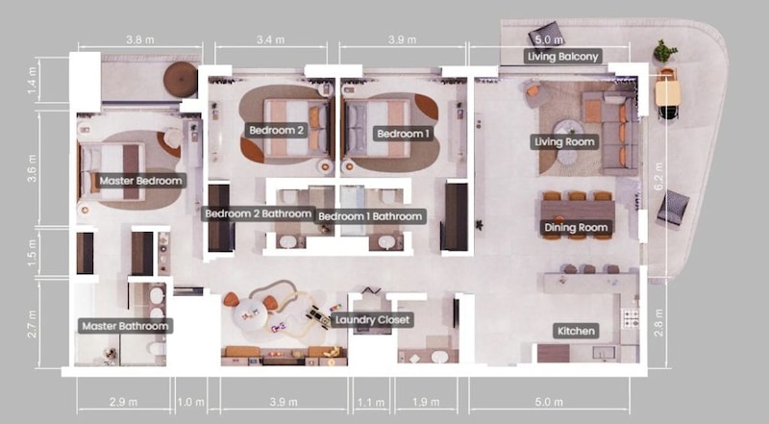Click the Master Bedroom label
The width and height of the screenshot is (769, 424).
(x=140, y=181)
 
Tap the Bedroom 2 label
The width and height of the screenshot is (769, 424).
(x=277, y=130)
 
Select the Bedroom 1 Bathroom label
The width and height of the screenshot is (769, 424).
(x=370, y=216)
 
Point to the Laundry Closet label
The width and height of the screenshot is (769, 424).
(x=372, y=320)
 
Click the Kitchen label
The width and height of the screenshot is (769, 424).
(x=576, y=331)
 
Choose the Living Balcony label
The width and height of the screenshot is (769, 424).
(x=562, y=57)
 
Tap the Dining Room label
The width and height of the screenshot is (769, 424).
(x=576, y=227)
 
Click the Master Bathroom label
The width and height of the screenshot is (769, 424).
(x=125, y=326)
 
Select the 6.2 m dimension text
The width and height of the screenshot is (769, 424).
(x=658, y=176)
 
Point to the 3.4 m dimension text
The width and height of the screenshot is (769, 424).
(x=271, y=39)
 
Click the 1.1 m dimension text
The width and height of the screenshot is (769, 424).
(x=371, y=403)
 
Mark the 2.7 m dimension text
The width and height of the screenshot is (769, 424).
(x=33, y=323)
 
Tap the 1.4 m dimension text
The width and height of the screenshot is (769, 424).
(x=33, y=81)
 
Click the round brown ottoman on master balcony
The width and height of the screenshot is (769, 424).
(x=180, y=80)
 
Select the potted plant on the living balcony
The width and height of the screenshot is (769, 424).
(x=664, y=51)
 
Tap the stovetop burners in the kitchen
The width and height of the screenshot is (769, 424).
(x=630, y=318)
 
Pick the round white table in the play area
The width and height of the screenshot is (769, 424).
(x=251, y=312)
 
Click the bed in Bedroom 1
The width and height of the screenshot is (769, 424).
(x=377, y=129)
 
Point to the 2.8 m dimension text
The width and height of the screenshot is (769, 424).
(x=658, y=322)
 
